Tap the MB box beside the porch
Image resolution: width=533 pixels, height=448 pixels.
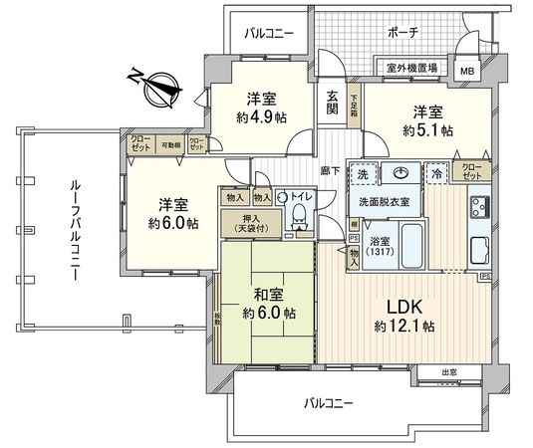(466, 71)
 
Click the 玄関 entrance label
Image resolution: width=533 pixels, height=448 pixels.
(332, 104)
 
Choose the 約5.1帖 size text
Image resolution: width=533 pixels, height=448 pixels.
(428, 129)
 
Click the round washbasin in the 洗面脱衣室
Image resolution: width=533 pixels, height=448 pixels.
(406, 172)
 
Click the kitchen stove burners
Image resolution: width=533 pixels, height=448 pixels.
(477, 208)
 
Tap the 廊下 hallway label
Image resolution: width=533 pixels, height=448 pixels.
(331, 172)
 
